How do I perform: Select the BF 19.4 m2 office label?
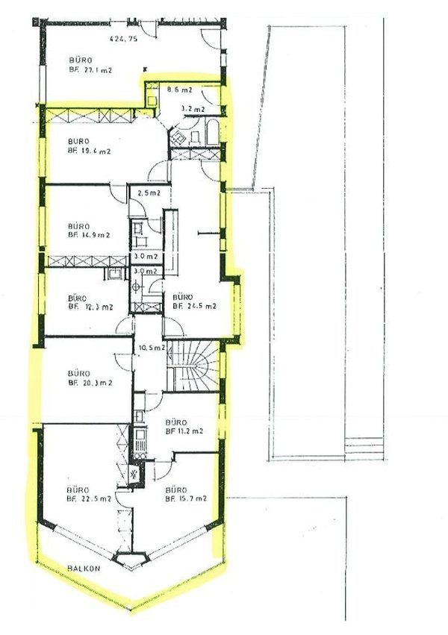point(89,151)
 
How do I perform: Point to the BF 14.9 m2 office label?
point(89,234)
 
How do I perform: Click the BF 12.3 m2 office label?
point(90,306)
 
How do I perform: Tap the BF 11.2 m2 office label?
point(185,431)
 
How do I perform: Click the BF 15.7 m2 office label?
point(185,498)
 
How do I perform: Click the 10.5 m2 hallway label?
point(151,348)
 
